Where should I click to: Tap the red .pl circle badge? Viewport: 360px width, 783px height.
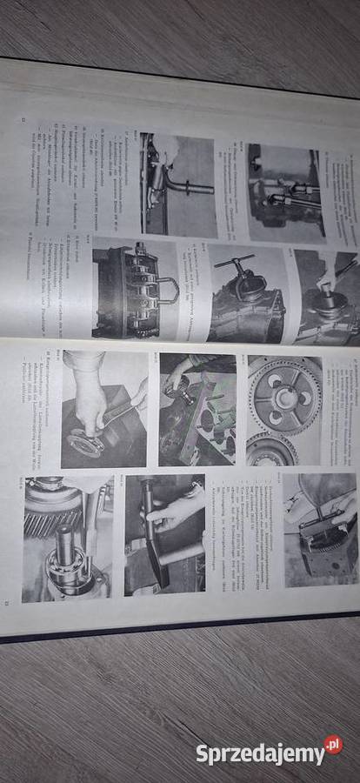[x=333, y=745]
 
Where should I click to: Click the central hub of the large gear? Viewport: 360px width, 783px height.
[x=284, y=396]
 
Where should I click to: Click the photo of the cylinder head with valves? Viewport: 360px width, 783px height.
[x=197, y=409]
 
